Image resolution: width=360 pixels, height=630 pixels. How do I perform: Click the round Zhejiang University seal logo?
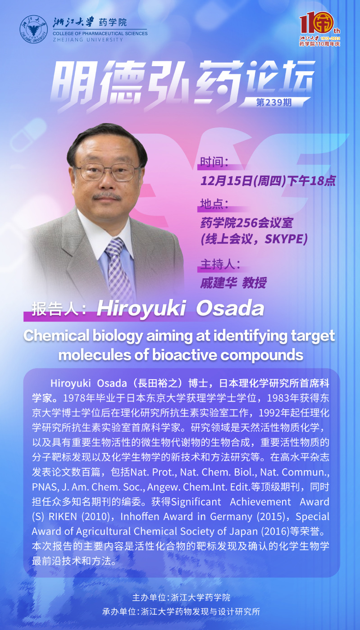[34, 29]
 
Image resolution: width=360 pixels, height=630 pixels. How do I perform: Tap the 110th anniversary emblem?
[319, 29]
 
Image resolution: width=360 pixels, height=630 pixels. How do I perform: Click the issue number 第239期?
[273, 102]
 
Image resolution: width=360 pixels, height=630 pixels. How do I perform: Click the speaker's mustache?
[107, 196]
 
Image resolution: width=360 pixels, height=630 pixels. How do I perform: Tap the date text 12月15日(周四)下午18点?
[268, 181]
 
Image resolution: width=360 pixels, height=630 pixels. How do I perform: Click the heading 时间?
[214, 162]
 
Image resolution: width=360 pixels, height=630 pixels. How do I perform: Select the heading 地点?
[214, 204]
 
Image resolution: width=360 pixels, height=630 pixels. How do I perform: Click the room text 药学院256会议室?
[246, 223]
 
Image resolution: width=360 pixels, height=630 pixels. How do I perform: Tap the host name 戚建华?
[219, 283]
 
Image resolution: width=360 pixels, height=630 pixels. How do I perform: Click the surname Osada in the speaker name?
[230, 308]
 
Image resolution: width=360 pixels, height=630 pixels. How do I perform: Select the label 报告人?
[59, 309]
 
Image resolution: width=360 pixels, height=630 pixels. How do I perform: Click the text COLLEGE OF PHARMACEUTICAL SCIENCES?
[100, 33]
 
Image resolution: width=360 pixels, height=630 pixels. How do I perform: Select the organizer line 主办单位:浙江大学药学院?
[181, 598]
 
